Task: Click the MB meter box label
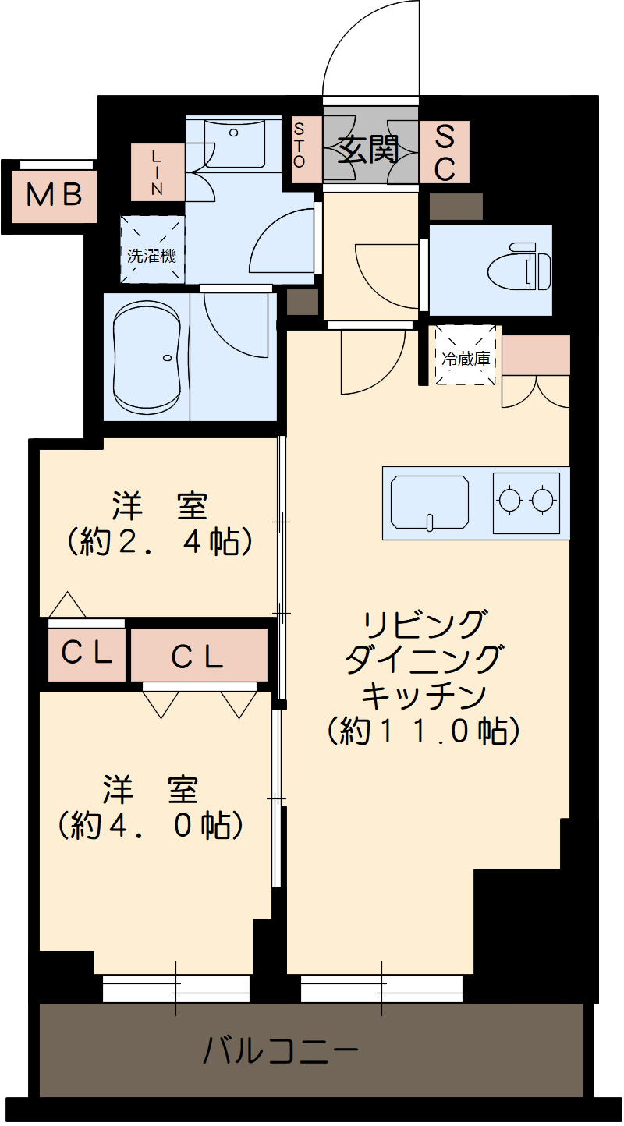(x=55, y=194)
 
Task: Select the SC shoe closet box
(x=445, y=153)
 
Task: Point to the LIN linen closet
(x=158, y=171)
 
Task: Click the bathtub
(x=147, y=357)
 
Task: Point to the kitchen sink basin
(x=430, y=503)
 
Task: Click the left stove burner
(x=509, y=500)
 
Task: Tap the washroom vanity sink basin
(x=234, y=140)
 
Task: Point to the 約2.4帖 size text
(x=160, y=540)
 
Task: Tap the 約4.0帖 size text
(x=149, y=824)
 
